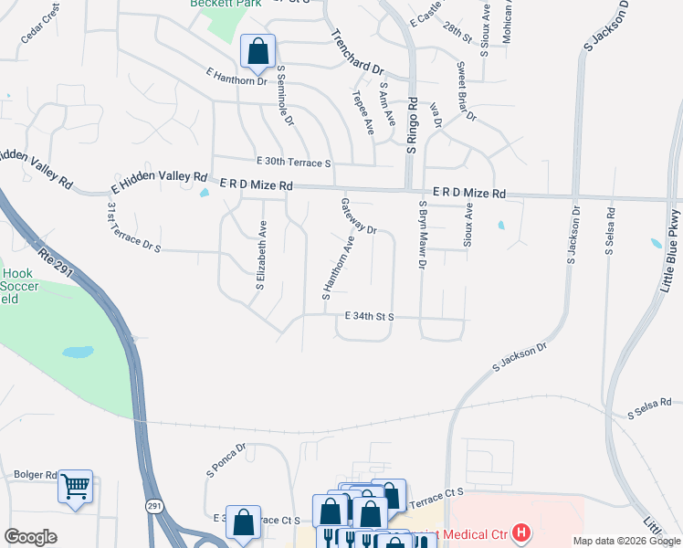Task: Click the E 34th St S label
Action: pyautogui.click(x=369, y=317)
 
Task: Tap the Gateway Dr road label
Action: pyautogui.click(x=359, y=216)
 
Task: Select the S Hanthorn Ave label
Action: pyautogui.click(x=337, y=269)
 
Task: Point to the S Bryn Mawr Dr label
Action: pyautogui.click(x=423, y=236)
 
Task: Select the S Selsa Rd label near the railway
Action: pyautogui.click(x=649, y=408)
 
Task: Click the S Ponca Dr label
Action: pyautogui.click(x=227, y=461)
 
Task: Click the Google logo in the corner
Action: pyautogui.click(x=30, y=537)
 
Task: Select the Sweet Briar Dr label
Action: pyautogui.click(x=466, y=91)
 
